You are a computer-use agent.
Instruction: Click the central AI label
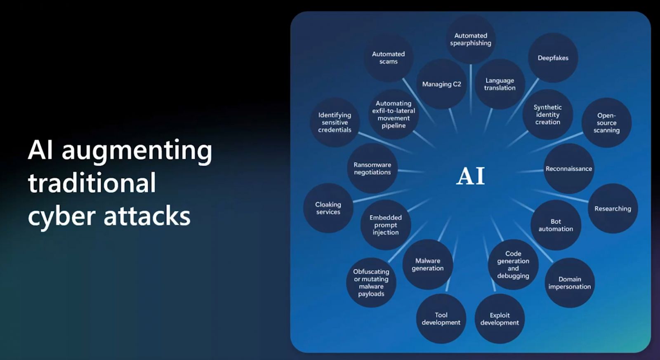(x=470, y=176)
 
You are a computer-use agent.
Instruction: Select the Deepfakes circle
(x=553, y=58)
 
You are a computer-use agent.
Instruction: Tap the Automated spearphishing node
(x=471, y=39)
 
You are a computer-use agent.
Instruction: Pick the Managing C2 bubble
(x=441, y=84)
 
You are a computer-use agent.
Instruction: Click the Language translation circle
(x=500, y=84)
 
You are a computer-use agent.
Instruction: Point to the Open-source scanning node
(x=606, y=123)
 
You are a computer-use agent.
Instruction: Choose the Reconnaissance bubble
(x=568, y=169)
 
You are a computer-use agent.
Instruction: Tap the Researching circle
(x=613, y=209)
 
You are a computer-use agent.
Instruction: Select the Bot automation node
(x=556, y=225)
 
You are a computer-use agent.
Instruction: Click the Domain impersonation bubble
(x=570, y=283)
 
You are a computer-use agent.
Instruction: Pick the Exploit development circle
(x=500, y=319)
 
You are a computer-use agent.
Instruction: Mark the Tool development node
(x=441, y=319)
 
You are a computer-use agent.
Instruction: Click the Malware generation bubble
(x=428, y=264)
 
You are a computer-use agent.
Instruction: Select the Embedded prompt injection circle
(x=385, y=225)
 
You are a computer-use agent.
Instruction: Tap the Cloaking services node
(x=328, y=208)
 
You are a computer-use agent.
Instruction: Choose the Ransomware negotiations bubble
(x=372, y=168)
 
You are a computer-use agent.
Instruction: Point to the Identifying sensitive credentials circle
(x=335, y=122)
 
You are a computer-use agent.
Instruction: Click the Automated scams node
(x=388, y=58)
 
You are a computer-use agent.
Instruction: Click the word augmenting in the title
(x=137, y=151)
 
